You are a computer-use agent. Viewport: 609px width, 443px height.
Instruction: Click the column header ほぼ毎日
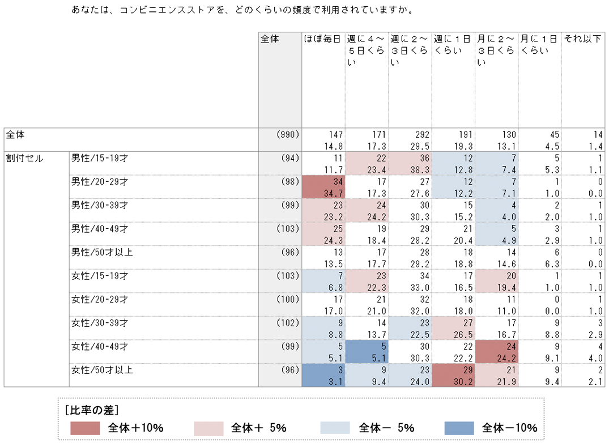pos(322,39)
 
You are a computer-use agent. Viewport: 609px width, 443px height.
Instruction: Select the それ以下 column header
pos(582,39)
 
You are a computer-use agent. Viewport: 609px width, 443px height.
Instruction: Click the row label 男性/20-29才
pos(100,181)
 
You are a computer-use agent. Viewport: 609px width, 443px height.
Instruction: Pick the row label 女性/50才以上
pos(102,370)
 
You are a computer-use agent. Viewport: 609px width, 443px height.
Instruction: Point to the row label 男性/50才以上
pos(102,252)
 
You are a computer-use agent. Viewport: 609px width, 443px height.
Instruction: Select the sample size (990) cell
pos(288,135)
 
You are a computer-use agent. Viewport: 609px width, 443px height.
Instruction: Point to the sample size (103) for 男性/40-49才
pos(286,228)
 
